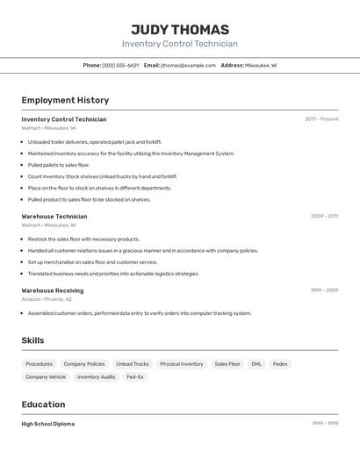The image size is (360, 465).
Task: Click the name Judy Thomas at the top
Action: [x=179, y=29]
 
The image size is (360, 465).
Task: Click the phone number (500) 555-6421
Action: [x=120, y=65]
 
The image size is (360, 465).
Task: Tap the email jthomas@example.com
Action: [x=188, y=65]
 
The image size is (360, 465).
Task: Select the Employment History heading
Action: [x=65, y=100]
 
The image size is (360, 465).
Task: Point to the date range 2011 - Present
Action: [x=321, y=119]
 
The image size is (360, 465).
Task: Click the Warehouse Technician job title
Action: [x=54, y=216]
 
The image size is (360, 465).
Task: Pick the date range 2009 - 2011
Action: [x=324, y=216]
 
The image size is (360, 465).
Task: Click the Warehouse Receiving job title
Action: [x=53, y=290]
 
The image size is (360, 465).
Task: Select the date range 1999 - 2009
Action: [x=324, y=290]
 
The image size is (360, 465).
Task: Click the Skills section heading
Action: [x=32, y=340]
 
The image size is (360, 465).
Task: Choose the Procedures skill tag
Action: [x=39, y=363]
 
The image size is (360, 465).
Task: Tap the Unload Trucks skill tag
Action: [x=133, y=363]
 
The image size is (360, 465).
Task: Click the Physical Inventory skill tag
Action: [x=182, y=363]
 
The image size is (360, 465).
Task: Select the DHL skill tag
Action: [x=256, y=363]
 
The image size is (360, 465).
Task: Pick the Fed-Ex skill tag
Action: [x=135, y=377]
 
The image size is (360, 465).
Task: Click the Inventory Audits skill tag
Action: [x=96, y=377]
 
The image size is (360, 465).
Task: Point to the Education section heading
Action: [x=43, y=404]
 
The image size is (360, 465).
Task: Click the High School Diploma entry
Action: [x=48, y=424]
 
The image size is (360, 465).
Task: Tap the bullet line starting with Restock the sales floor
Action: [x=83, y=239]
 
